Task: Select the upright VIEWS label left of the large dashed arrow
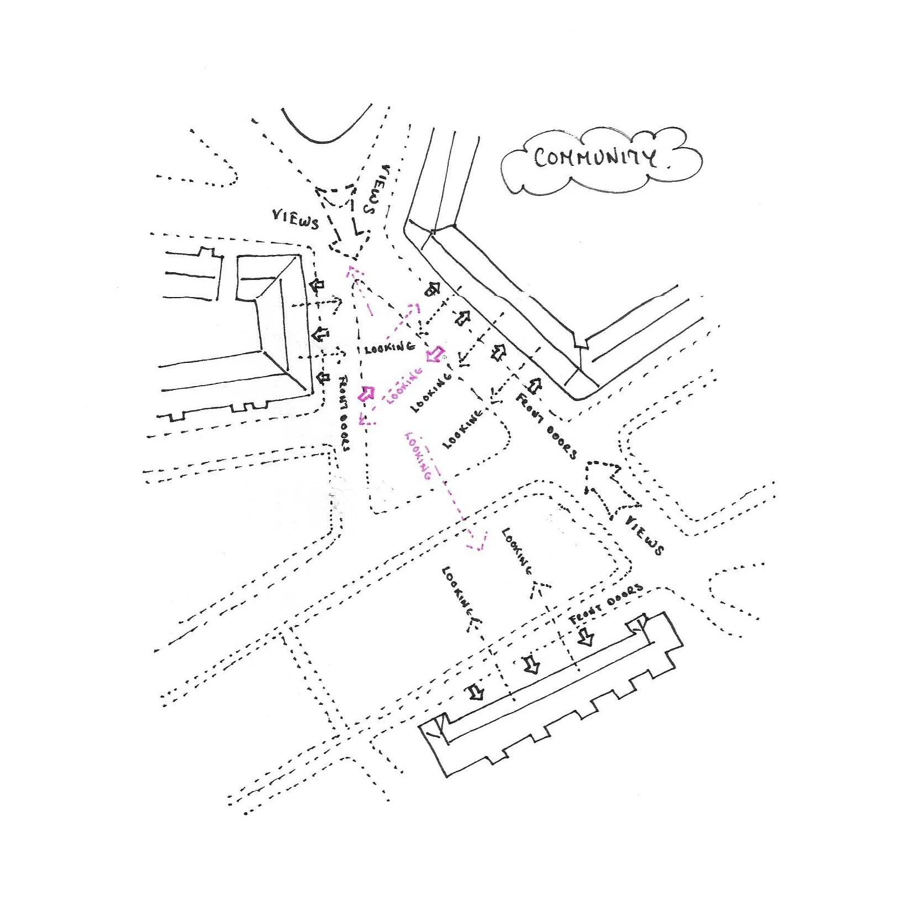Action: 295,220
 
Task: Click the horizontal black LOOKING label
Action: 389,348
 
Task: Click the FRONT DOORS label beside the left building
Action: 344,413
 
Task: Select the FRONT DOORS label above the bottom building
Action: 606,603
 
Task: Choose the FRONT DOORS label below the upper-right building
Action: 546,426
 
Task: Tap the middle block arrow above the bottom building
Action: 532,664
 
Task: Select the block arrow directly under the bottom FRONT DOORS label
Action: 586,637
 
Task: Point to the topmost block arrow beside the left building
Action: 317,285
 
